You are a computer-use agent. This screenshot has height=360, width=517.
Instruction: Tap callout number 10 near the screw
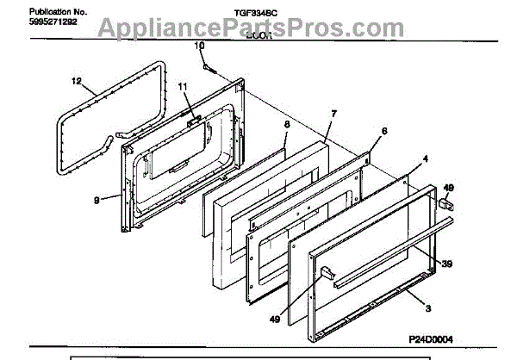[199, 45]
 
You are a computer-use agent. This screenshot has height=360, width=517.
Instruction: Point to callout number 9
[97, 199]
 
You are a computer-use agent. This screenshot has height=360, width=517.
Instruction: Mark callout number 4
[425, 159]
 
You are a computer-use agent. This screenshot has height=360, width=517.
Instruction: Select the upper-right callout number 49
[447, 186]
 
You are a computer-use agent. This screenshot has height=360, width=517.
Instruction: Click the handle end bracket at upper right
[447, 205]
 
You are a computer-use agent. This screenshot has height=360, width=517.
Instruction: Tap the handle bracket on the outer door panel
[327, 273]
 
